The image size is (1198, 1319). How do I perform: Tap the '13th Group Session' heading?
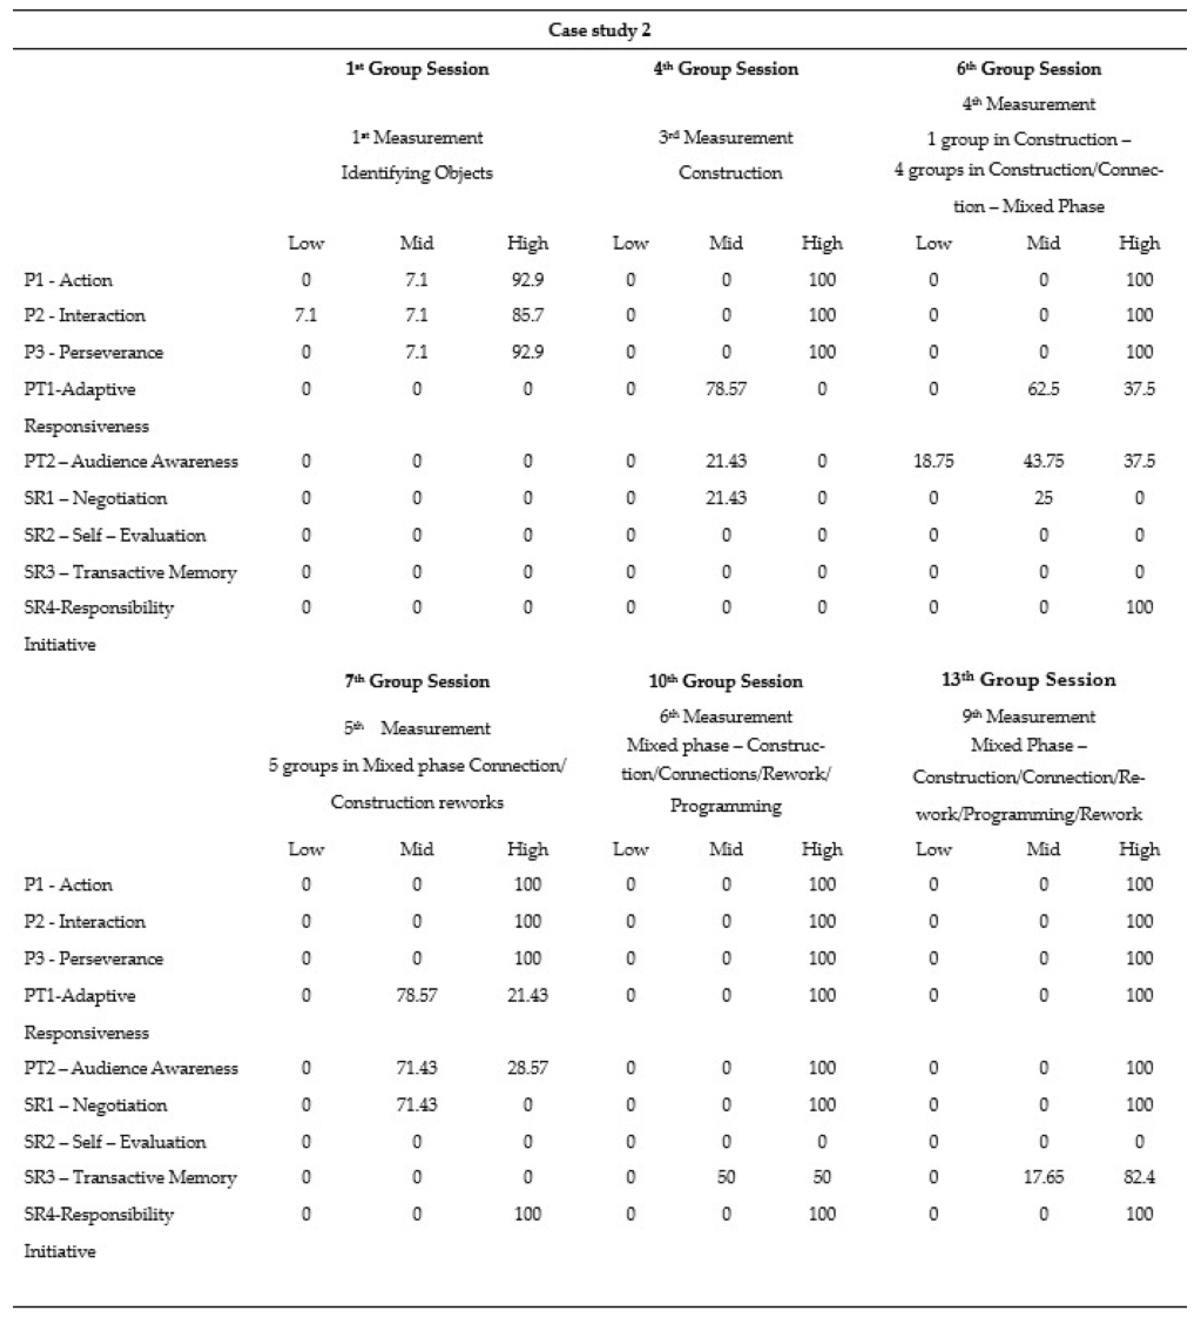[1028, 680]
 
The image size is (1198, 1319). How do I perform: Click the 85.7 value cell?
[527, 315]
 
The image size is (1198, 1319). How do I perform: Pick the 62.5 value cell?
[1043, 389]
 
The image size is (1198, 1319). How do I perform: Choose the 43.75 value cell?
[1043, 461]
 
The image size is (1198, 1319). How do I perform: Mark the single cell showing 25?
[1043, 498]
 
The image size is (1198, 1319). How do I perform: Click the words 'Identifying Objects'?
[417, 173]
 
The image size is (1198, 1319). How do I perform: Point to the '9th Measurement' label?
[1028, 716]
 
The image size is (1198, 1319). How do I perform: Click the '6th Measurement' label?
[725, 716]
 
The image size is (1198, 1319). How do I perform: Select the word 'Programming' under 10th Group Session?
[725, 806]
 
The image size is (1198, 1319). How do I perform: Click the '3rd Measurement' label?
[725, 138]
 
